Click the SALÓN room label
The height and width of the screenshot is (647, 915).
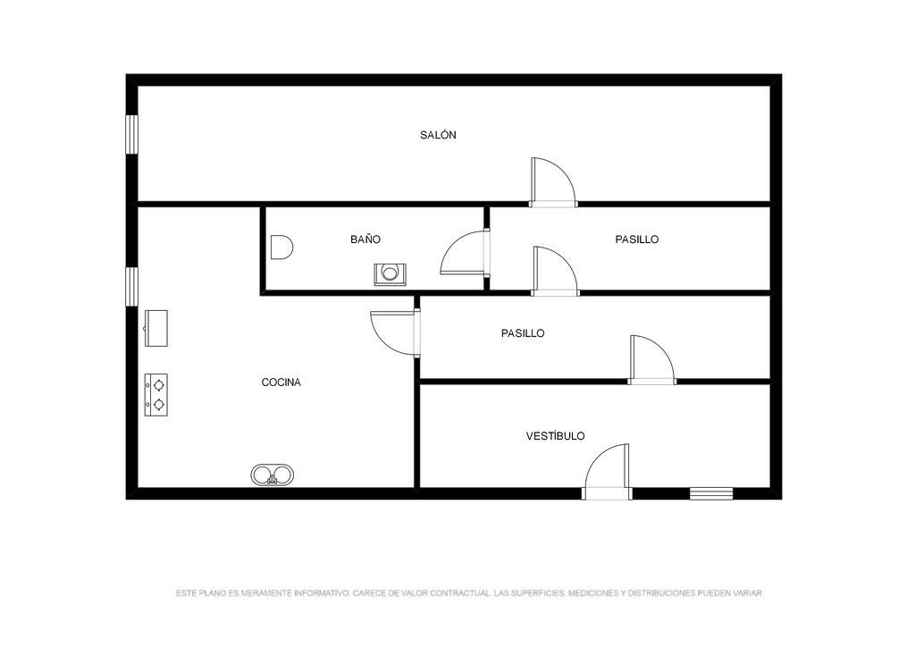pyautogui.click(x=438, y=135)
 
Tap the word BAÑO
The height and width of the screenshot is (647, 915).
pyautogui.click(x=365, y=239)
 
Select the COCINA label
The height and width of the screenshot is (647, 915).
pyautogui.click(x=281, y=382)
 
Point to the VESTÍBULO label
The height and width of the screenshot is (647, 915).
pyautogui.click(x=556, y=436)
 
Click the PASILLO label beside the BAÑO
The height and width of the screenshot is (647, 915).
pyautogui.click(x=636, y=239)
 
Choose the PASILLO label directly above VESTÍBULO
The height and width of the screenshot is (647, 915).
pyautogui.click(x=523, y=333)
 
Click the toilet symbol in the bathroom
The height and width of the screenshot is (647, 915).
pyautogui.click(x=281, y=248)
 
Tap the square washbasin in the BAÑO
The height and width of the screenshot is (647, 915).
pyautogui.click(x=390, y=274)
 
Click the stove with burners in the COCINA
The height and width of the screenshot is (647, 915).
pyautogui.click(x=156, y=395)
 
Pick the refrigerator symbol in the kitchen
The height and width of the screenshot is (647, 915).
pyautogui.click(x=155, y=328)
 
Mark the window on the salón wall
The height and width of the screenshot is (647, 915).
pyautogui.click(x=132, y=135)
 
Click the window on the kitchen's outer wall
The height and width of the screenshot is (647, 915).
pyautogui.click(x=132, y=286)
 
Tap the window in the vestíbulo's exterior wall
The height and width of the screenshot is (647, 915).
pyautogui.click(x=711, y=493)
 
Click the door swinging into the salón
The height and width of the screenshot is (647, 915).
pyautogui.click(x=553, y=182)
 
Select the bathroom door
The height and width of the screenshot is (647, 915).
pyautogui.click(x=465, y=253)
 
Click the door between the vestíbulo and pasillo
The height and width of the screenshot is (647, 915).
pyautogui.click(x=651, y=359)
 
